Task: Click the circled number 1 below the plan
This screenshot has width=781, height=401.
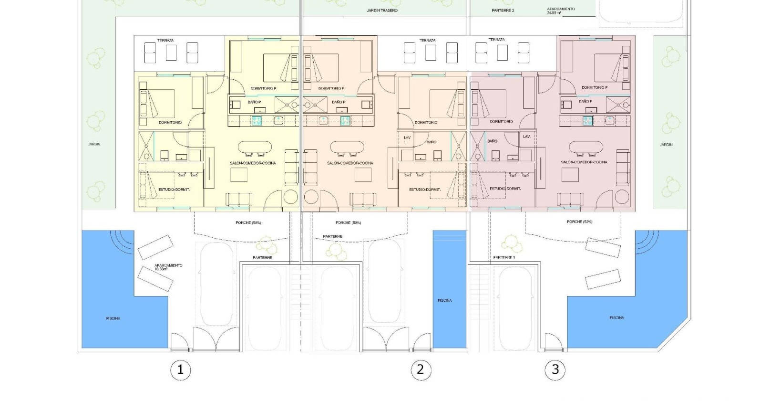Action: click(180, 369)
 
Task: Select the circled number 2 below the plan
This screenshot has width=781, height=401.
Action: click(420, 369)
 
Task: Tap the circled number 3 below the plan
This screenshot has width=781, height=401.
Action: click(555, 369)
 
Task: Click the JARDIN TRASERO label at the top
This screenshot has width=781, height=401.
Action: click(382, 11)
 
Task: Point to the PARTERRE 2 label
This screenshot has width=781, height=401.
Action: click(503, 10)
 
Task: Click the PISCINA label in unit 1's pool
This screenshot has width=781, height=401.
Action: click(113, 318)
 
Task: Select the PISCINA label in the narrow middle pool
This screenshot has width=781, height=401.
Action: click(444, 300)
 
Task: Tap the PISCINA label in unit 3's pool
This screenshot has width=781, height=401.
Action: click(617, 317)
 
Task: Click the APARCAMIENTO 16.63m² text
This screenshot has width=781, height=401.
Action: click(168, 267)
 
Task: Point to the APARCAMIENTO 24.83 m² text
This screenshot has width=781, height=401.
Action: click(561, 11)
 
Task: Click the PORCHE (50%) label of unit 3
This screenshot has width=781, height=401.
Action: click(579, 222)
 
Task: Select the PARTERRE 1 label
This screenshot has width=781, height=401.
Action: click(504, 257)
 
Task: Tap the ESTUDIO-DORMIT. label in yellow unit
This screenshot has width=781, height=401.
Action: click(174, 190)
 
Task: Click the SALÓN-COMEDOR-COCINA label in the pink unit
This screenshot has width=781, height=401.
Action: click(584, 162)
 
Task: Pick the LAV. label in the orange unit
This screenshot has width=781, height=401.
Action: click(407, 137)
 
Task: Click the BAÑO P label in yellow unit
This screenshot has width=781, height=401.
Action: click(254, 102)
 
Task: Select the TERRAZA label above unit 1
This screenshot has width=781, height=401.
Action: click(165, 41)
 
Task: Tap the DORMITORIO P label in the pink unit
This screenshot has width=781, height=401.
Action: click(594, 88)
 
